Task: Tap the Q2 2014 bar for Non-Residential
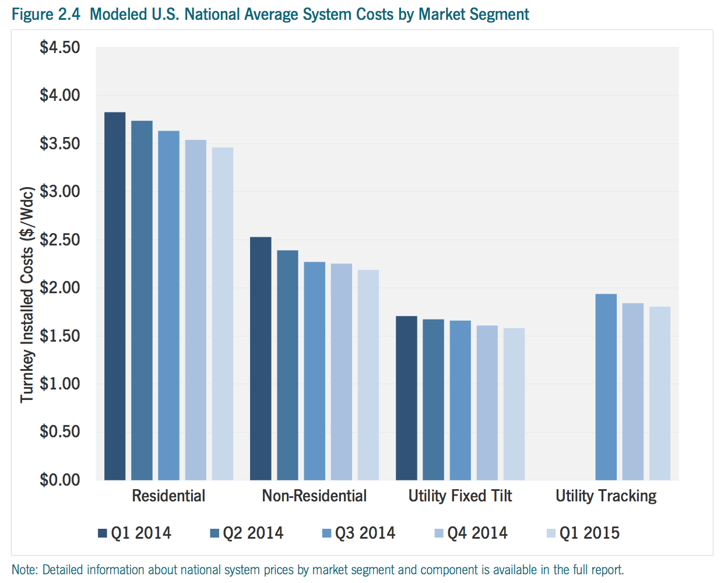coord(287,365)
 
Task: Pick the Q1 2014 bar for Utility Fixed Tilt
coord(406,398)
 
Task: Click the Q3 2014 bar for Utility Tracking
coord(606,387)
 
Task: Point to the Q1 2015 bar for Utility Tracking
coord(660,394)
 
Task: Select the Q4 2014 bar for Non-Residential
coord(342,372)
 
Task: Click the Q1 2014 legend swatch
coord(103,533)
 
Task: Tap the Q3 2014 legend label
coord(365,533)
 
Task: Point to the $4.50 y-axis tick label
coord(60,48)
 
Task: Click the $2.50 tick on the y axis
coord(60,240)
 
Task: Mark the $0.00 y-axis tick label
coord(60,480)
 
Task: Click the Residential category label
coord(168,496)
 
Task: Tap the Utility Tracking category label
coord(606,496)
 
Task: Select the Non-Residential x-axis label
coord(314,496)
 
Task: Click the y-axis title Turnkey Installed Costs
coord(27,295)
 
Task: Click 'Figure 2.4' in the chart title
coord(45,14)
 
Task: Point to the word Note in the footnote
coord(24,570)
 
